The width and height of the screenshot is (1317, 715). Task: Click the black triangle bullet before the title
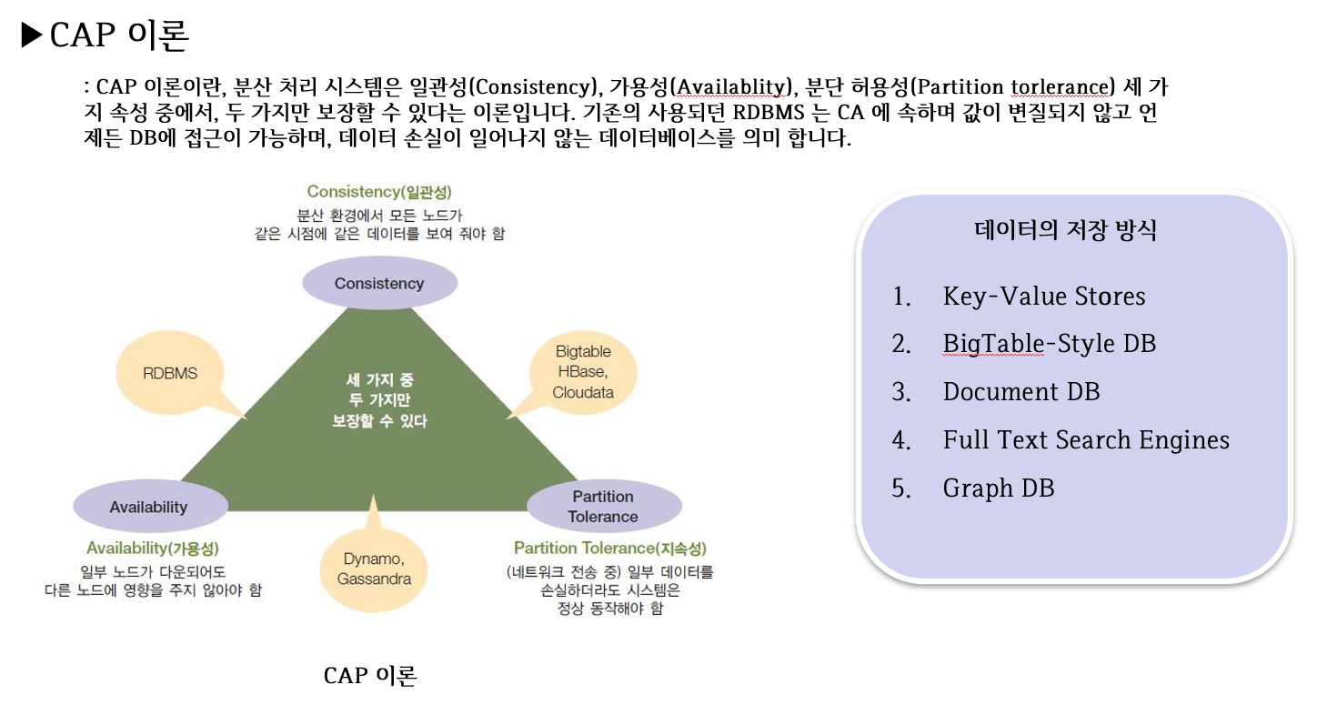[32, 35]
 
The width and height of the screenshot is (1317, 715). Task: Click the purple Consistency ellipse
[379, 283]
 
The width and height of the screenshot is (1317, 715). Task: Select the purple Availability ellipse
[148, 507]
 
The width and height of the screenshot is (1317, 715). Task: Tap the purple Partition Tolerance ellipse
[603, 507]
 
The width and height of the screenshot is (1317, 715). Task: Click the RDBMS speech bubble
[170, 373]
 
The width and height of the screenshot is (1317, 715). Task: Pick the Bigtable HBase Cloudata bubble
[583, 372]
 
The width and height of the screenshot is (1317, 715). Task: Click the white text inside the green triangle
[379, 400]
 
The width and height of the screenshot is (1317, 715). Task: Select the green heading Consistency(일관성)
[379, 192]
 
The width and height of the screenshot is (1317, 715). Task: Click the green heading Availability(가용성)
[153, 549]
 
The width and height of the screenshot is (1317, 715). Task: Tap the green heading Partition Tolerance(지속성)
[609, 549]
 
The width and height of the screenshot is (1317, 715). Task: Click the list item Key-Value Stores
[1044, 297]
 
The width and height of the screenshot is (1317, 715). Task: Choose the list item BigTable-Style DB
[1050, 344]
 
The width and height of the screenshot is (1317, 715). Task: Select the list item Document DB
[1021, 392]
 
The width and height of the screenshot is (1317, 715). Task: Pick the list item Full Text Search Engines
[1086, 440]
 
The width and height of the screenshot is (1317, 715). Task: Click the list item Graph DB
[999, 488]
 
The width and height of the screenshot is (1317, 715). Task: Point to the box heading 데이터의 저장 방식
[1065, 230]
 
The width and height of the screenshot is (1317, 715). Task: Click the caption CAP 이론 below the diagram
[370, 676]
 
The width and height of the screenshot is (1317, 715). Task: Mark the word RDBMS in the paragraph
[761, 115]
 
